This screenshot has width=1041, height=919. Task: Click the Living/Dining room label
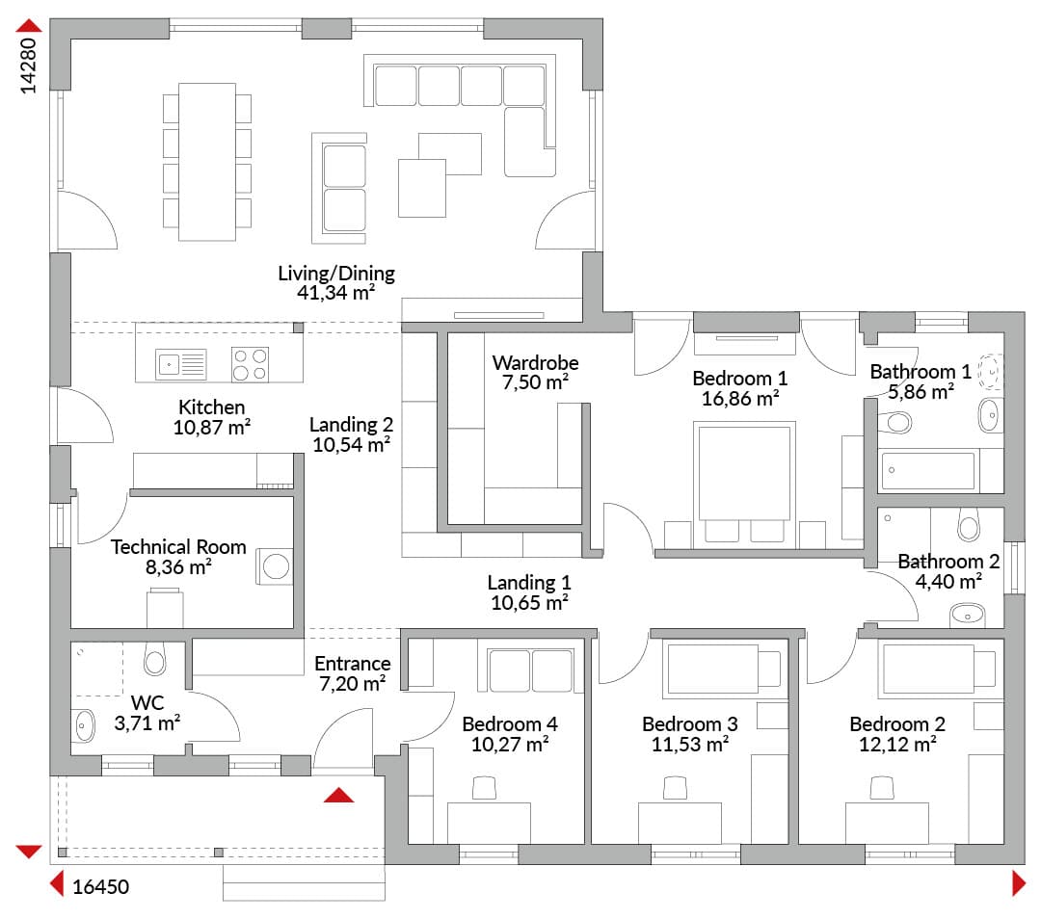336,273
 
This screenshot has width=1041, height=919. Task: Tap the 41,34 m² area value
336,292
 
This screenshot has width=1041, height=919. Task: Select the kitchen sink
180,364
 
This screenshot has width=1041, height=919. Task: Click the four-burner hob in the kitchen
251,364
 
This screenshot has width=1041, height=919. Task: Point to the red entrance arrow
338,795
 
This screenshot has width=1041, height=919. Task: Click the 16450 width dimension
100,886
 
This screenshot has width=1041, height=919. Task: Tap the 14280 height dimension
28,66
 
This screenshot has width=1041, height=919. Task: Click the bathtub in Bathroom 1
928,471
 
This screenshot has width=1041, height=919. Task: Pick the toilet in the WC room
154,658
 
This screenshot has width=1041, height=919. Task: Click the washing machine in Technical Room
275,566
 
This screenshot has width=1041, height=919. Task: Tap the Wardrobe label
535,363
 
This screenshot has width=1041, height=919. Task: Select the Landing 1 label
529,583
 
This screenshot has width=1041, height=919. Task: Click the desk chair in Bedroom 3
675,788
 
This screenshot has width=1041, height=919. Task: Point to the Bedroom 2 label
897,723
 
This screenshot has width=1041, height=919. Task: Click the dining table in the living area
207,162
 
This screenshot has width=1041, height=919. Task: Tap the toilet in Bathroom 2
970,524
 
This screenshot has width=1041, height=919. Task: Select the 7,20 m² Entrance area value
353,683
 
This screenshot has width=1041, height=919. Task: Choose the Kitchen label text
212,407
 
